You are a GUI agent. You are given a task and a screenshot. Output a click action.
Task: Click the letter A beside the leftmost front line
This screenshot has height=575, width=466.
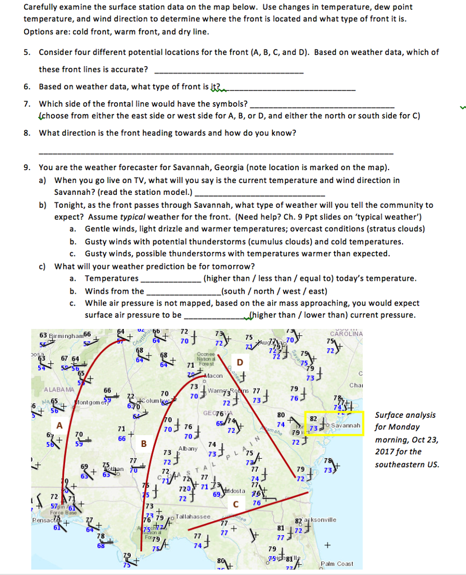(58, 426)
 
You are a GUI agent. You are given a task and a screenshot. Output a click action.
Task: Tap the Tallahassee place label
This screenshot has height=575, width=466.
(193, 516)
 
